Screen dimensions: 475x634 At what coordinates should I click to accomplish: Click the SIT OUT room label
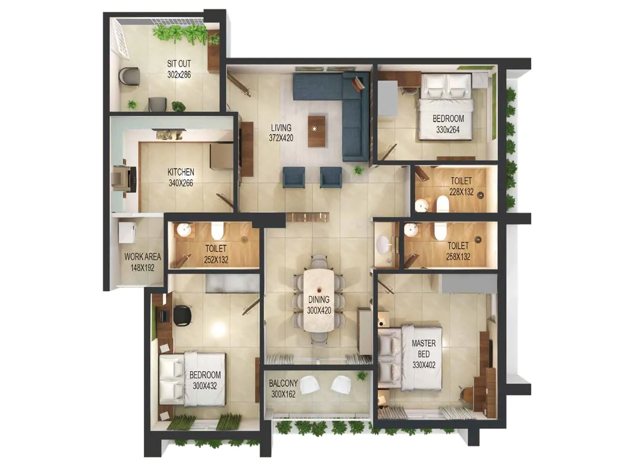click(179, 64)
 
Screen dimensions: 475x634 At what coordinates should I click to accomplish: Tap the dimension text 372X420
click(281, 138)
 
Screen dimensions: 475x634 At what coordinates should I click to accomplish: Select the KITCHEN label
click(181, 172)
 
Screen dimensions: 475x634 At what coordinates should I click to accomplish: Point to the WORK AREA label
click(143, 257)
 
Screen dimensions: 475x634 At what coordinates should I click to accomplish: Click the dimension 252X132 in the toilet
click(216, 260)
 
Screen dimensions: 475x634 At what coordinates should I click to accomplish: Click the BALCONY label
click(283, 384)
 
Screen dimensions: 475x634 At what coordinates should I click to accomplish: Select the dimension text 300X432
click(205, 386)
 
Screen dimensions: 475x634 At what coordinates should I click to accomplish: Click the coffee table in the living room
click(317, 131)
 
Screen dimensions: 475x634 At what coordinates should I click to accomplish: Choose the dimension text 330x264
click(448, 130)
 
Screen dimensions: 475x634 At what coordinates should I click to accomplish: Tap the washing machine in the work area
click(127, 232)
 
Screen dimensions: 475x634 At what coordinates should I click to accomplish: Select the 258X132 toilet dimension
click(458, 257)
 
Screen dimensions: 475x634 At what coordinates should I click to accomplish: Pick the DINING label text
click(319, 300)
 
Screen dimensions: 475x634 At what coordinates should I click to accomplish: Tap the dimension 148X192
click(143, 268)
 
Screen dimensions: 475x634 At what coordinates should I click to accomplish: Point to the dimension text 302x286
click(179, 75)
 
